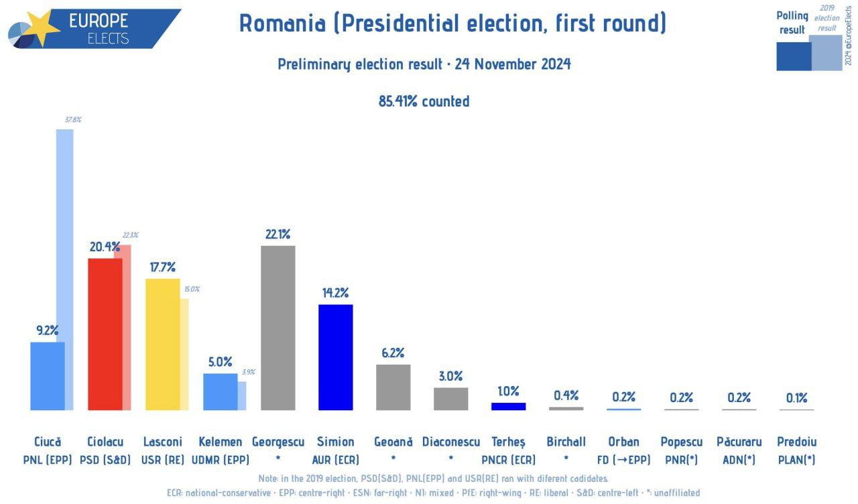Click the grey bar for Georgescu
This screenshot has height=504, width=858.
pyautogui.click(x=278, y=328)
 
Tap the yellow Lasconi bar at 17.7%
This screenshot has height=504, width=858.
pyautogui.click(x=163, y=344)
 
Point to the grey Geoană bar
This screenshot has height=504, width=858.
pyautogui.click(x=393, y=387)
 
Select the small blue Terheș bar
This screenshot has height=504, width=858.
pyautogui.click(x=508, y=406)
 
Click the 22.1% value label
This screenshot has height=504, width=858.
pyautogui.click(x=278, y=234)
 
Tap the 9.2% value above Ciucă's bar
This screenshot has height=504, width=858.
pyautogui.click(x=48, y=330)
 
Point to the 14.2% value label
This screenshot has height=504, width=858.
pyautogui.click(x=335, y=293)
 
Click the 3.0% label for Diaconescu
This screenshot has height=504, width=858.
pyautogui.click(x=450, y=376)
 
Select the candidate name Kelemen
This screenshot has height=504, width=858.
pyautogui.click(x=220, y=442)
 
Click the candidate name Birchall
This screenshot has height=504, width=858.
pyautogui.click(x=566, y=442)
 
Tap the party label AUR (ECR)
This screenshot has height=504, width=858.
pyautogui.click(x=335, y=460)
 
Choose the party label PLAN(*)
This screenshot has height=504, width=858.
pyautogui.click(x=796, y=460)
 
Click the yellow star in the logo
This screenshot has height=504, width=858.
pyautogui.click(x=42, y=28)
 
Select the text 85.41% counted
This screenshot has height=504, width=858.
pyautogui.click(x=424, y=101)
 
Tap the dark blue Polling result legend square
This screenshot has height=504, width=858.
pyautogui.click(x=793, y=56)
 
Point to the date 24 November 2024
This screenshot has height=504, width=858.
pyautogui.click(x=513, y=64)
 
